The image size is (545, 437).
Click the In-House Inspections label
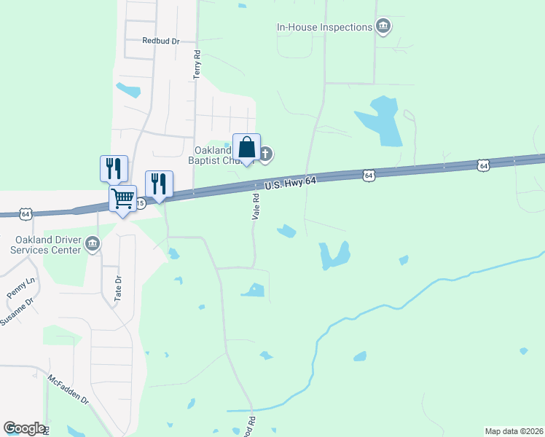tap(324, 28)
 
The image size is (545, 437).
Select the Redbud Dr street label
tap(161, 42)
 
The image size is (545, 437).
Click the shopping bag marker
tap(246, 148)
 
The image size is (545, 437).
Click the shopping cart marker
tap(122, 197)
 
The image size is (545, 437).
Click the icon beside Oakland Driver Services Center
tap(93, 245)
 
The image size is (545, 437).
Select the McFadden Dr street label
tap(68, 390)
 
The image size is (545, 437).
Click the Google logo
tap(24, 428)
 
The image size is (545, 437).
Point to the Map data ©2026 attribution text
tap(513, 431)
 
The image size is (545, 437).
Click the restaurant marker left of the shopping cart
tap(114, 168)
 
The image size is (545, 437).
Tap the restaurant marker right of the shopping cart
tap(159, 184)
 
